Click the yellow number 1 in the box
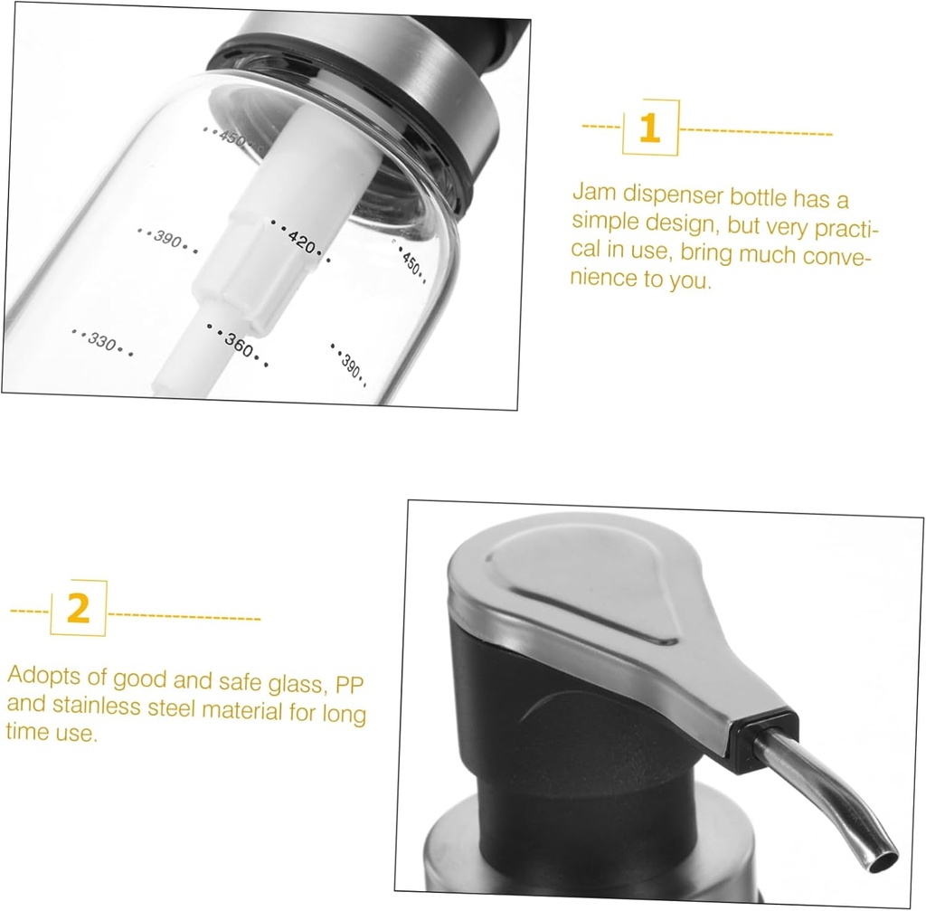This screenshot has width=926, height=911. pyautogui.click(x=649, y=128)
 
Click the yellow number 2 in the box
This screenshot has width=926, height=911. pyautogui.click(x=79, y=610)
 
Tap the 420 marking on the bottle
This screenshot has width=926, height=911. pyautogui.click(x=300, y=240)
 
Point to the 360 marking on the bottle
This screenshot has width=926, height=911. pyautogui.click(x=238, y=345)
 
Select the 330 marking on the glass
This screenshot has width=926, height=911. pyautogui.click(x=102, y=341)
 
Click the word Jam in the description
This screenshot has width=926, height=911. pyautogui.click(x=592, y=192)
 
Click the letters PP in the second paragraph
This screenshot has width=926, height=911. pyautogui.click(x=354, y=685)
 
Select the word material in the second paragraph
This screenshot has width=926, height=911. pyautogui.click(x=243, y=709)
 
